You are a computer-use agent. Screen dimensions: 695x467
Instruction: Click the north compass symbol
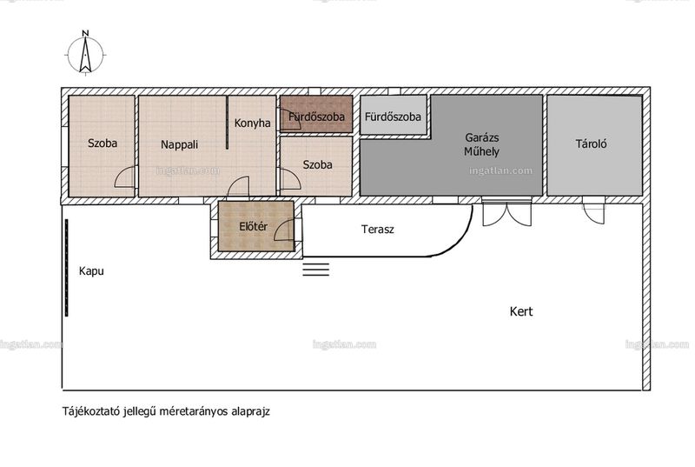coord(85,52)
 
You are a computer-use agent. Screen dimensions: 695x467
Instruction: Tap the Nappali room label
coord(179,144)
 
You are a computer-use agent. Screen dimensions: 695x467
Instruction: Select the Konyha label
coord(252,123)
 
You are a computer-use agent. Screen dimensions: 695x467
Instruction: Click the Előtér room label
coord(253,227)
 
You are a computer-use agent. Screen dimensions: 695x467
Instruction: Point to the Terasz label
coord(378,230)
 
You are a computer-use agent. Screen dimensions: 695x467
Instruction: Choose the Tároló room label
coord(591,143)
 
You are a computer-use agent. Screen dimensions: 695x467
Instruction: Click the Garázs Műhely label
coord(482,144)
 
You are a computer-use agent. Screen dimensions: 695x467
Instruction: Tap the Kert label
coord(521,311)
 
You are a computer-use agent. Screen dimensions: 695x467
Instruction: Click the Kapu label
coord(91,271)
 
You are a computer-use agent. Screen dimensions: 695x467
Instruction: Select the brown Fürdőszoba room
coord(316,114)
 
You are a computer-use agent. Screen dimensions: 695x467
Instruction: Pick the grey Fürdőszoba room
coord(394,115)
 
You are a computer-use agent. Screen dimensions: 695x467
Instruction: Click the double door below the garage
coord(506,213)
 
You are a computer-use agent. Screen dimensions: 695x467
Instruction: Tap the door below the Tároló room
coord(593,213)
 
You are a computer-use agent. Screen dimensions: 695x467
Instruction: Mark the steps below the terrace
coord(316,270)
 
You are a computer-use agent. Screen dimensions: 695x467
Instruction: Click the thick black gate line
coord(67,268)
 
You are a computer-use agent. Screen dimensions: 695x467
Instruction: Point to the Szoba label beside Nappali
coord(103,143)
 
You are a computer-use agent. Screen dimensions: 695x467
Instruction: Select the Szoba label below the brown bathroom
coord(317,164)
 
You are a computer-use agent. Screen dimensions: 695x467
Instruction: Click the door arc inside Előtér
coord(284,230)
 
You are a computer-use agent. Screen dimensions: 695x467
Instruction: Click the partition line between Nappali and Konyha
coord(228,122)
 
